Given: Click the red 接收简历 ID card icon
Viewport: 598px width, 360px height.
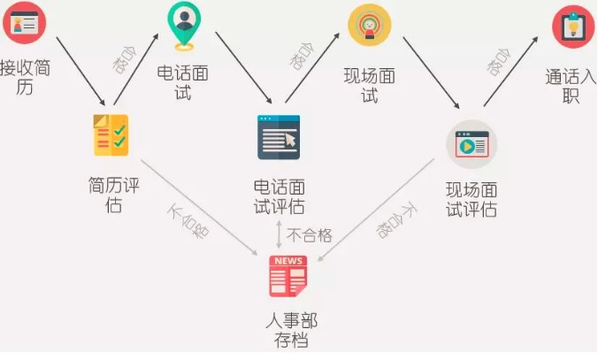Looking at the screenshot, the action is point(25,22).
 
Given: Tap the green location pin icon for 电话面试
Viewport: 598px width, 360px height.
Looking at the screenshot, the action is point(184,26).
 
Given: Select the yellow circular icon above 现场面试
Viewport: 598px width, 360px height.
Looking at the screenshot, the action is point(369,25).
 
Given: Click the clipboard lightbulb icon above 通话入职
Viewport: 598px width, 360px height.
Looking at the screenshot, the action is point(573,27).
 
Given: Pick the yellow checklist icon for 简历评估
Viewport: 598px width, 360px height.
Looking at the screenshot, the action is point(111,135).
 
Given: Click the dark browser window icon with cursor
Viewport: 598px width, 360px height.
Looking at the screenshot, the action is point(279,137).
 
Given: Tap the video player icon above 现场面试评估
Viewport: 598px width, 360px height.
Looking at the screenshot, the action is point(471,144).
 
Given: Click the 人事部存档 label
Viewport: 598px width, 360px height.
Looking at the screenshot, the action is point(291,330).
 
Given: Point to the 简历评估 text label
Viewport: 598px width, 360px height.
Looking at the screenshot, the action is point(113,195).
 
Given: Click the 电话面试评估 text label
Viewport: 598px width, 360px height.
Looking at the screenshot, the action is point(280,197).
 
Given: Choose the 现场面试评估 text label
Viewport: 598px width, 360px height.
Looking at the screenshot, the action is point(471,200).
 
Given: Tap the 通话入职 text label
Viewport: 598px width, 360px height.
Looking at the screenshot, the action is point(571,86).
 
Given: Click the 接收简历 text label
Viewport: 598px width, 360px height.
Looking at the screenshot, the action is point(25,78).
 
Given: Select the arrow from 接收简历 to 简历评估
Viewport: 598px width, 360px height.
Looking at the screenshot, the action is point(80,72).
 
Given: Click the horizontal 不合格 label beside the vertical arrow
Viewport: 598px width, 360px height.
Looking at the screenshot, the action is point(310,235).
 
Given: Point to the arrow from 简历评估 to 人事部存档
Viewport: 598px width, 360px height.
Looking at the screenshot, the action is point(199,208).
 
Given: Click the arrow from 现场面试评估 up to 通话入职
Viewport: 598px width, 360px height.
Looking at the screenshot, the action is point(510,72).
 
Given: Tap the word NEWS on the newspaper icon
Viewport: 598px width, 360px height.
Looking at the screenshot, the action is point(288,261).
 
